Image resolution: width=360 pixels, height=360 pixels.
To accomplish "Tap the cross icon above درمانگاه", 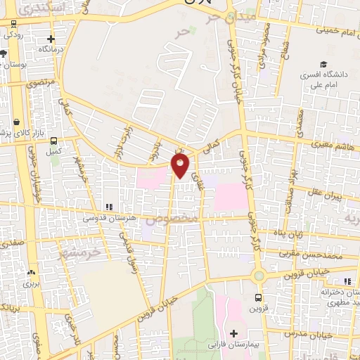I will pyautogui.click(x=50, y=39).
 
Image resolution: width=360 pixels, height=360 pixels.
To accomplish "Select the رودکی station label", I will pyautogui.click(x=14, y=34).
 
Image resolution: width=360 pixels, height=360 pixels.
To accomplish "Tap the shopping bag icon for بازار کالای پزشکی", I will pyautogui.click(x=17, y=122).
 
